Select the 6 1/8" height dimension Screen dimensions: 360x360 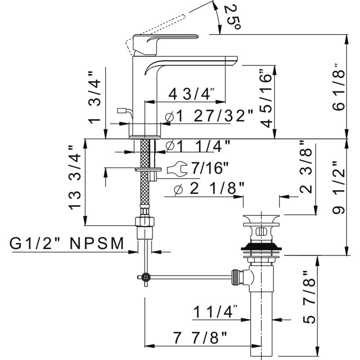point(339,87)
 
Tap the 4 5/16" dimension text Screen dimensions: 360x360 point(266,98)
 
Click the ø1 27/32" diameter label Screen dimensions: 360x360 point(209,116)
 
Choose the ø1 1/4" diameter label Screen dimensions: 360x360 point(198,146)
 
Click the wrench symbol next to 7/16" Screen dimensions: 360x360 point(177,168)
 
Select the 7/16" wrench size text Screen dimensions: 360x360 point(210,168)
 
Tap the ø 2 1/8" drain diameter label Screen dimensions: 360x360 point(209,189)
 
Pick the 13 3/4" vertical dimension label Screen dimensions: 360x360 point(75,177)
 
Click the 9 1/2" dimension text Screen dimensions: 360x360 point(339,187)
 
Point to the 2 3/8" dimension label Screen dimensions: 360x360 point(306,167)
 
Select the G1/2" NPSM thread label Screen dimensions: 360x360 point(67,243)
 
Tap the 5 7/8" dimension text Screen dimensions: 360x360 point(309,297)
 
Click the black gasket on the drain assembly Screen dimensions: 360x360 point(261,246)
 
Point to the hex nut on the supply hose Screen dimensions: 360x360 point(144,221)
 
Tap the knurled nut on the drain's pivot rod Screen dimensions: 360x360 point(235,277)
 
